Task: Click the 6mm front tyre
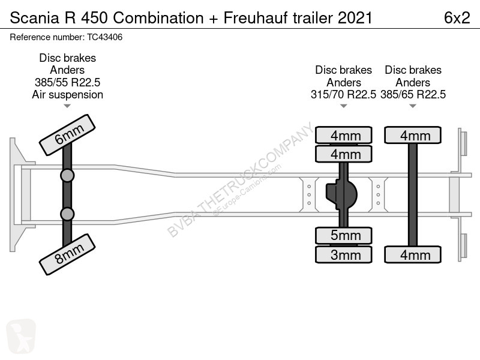tap(67, 135)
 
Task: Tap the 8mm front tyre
tap(67, 254)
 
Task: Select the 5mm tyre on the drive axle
tap(343, 236)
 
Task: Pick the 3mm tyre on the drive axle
tap(343, 254)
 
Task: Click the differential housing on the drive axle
tap(342, 194)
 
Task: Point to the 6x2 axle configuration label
tap(457, 18)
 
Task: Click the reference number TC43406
tap(104, 37)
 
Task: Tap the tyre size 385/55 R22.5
tap(67, 82)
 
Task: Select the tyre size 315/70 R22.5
tap(343, 95)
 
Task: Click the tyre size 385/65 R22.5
tap(413, 95)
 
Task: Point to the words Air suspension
tap(67, 95)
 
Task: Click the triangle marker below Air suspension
tap(67, 106)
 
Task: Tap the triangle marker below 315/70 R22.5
tap(343, 106)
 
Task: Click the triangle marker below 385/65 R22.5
tap(413, 106)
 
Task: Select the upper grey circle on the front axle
tap(67, 176)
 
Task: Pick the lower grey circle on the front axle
tap(67, 214)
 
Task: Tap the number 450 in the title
tap(94, 18)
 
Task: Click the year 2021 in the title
tap(355, 18)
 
